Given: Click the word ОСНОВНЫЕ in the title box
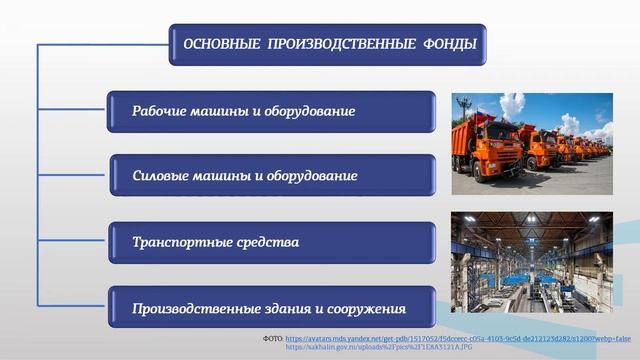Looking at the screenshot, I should pyautogui.click(x=218, y=45).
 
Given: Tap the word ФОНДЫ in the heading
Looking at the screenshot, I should pyautogui.click(x=450, y=45).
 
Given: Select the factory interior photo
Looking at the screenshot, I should pyautogui.click(x=532, y=264).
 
